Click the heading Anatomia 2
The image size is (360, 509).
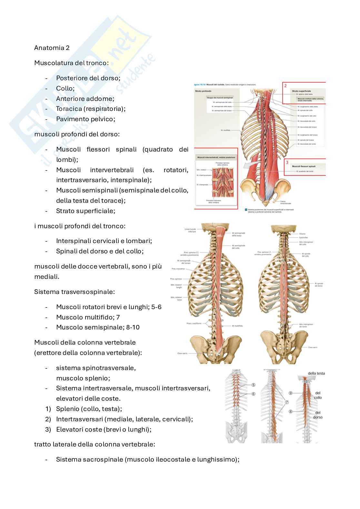[52, 48]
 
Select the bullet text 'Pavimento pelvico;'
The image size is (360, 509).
[85, 119]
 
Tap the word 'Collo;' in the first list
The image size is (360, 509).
[65, 88]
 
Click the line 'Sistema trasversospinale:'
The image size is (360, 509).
[75, 292]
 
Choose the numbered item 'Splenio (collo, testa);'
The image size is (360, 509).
[89, 409]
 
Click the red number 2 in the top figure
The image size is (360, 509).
[285, 86]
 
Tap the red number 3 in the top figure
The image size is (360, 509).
[286, 163]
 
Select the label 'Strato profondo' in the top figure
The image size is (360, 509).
[203, 91]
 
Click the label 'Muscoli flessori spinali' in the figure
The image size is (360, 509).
[304, 166]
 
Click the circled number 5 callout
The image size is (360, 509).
[253, 385]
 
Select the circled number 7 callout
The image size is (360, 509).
[287, 402]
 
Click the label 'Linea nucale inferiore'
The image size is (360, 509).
[190, 230]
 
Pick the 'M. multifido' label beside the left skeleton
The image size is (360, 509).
[237, 326]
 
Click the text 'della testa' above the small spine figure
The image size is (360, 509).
[316, 373]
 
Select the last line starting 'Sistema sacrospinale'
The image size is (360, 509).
[147, 459]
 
